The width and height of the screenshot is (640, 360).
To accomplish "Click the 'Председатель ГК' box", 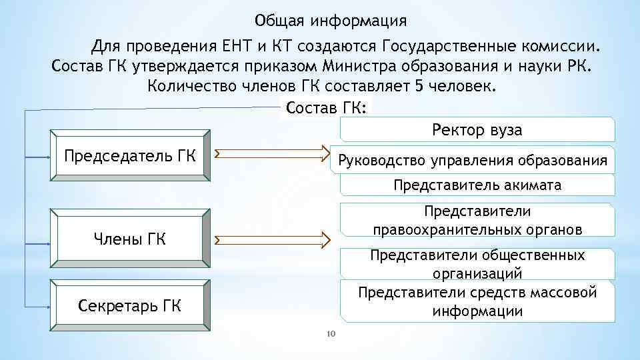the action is click(130, 157).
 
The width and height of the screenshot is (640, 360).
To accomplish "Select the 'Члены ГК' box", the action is click(130, 238).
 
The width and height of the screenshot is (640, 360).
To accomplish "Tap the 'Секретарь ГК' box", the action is click(130, 306).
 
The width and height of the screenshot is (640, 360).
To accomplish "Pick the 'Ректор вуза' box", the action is click(477, 129).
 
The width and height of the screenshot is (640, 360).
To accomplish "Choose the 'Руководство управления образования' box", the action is click(473, 160).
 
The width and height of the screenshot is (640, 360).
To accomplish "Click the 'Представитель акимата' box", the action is click(477, 185).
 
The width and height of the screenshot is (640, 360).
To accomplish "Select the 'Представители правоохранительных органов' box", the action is click(477, 221).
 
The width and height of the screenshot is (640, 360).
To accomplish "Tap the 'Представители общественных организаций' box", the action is click(477, 263).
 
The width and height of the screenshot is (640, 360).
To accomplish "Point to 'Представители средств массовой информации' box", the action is click(477, 301).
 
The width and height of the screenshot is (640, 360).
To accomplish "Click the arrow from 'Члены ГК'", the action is click(273, 238).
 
